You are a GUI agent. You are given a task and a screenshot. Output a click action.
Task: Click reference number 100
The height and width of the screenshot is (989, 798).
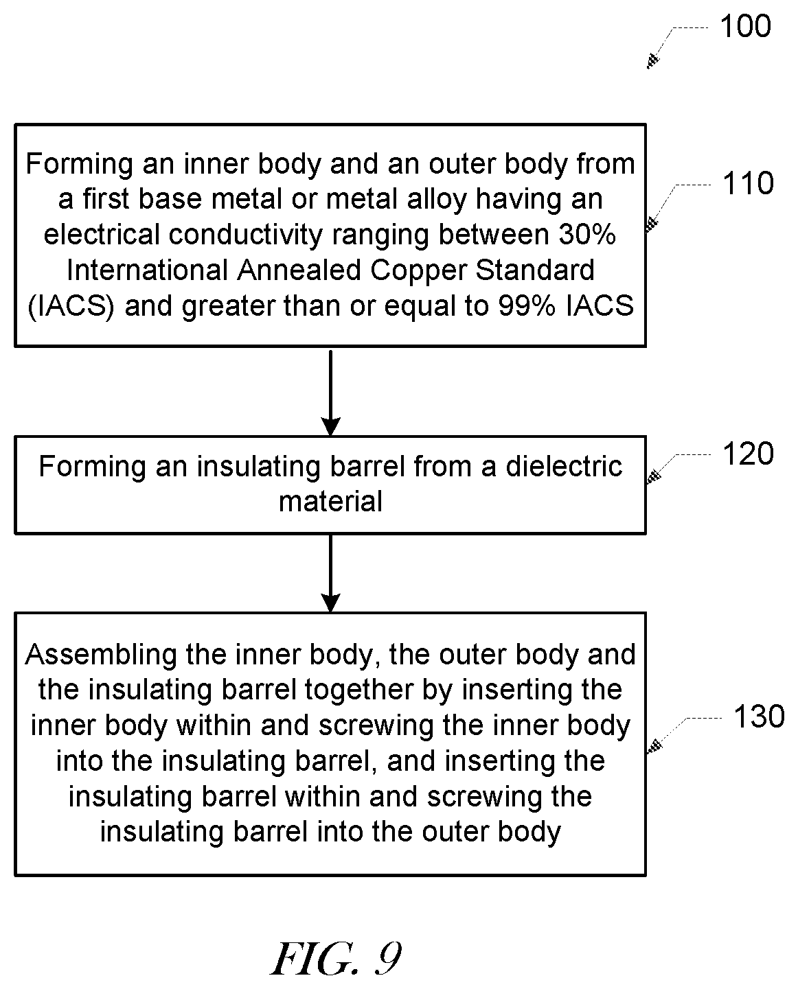[x=746, y=26]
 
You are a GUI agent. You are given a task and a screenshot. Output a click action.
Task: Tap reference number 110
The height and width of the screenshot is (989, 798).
[x=749, y=183]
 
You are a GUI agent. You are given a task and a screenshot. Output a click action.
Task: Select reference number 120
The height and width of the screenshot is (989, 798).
[x=749, y=454]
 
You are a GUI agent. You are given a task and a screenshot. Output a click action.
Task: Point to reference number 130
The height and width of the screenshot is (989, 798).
[x=760, y=717]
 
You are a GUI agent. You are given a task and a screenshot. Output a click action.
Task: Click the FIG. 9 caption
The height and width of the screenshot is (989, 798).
[x=337, y=959]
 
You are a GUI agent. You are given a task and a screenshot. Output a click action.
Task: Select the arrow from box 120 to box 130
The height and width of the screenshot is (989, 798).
[x=330, y=572]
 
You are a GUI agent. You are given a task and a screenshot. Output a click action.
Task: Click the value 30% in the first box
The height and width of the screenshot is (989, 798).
[x=587, y=235]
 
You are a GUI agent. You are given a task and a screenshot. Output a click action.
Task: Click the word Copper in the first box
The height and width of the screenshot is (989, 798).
[x=418, y=270]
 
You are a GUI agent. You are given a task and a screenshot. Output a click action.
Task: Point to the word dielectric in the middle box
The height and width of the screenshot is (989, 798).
[x=564, y=467]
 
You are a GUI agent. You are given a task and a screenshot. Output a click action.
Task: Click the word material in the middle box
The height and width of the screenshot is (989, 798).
[x=331, y=501]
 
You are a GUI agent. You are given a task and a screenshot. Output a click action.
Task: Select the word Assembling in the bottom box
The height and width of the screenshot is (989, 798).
[x=101, y=655]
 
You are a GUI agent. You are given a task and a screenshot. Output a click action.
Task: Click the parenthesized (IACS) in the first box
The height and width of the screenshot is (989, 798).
[x=71, y=307]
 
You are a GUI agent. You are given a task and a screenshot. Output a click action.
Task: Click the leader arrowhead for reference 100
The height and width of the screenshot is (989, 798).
[x=652, y=62]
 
